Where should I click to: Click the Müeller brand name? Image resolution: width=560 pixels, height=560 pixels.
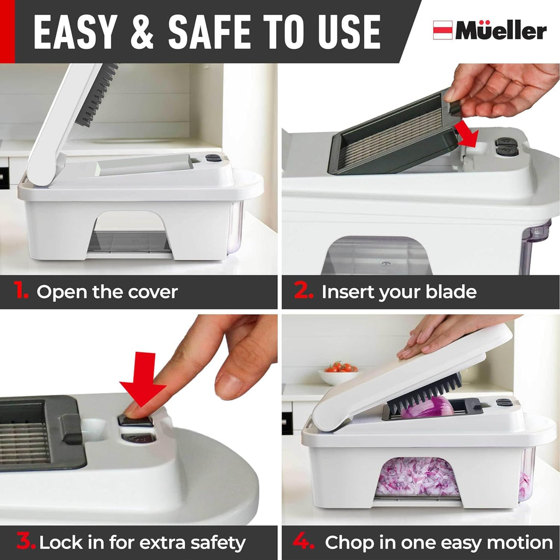pyautogui.click(x=501, y=31)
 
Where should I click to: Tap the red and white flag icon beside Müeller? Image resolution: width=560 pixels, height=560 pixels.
pyautogui.click(x=442, y=30)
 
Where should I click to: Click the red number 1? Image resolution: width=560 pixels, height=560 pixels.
pyautogui.click(x=21, y=291)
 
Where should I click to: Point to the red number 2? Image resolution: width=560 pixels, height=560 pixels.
pyautogui.click(x=304, y=291)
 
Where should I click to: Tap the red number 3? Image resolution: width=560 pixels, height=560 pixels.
pyautogui.click(x=25, y=542)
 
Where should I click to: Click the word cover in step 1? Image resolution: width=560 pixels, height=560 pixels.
pyautogui.click(x=153, y=292)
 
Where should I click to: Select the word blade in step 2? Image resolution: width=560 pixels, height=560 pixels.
pyautogui.click(x=452, y=292)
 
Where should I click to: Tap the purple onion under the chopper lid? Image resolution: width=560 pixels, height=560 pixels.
pyautogui.click(x=428, y=408)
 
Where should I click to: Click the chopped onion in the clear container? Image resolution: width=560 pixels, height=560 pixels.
pyautogui.click(x=418, y=477)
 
